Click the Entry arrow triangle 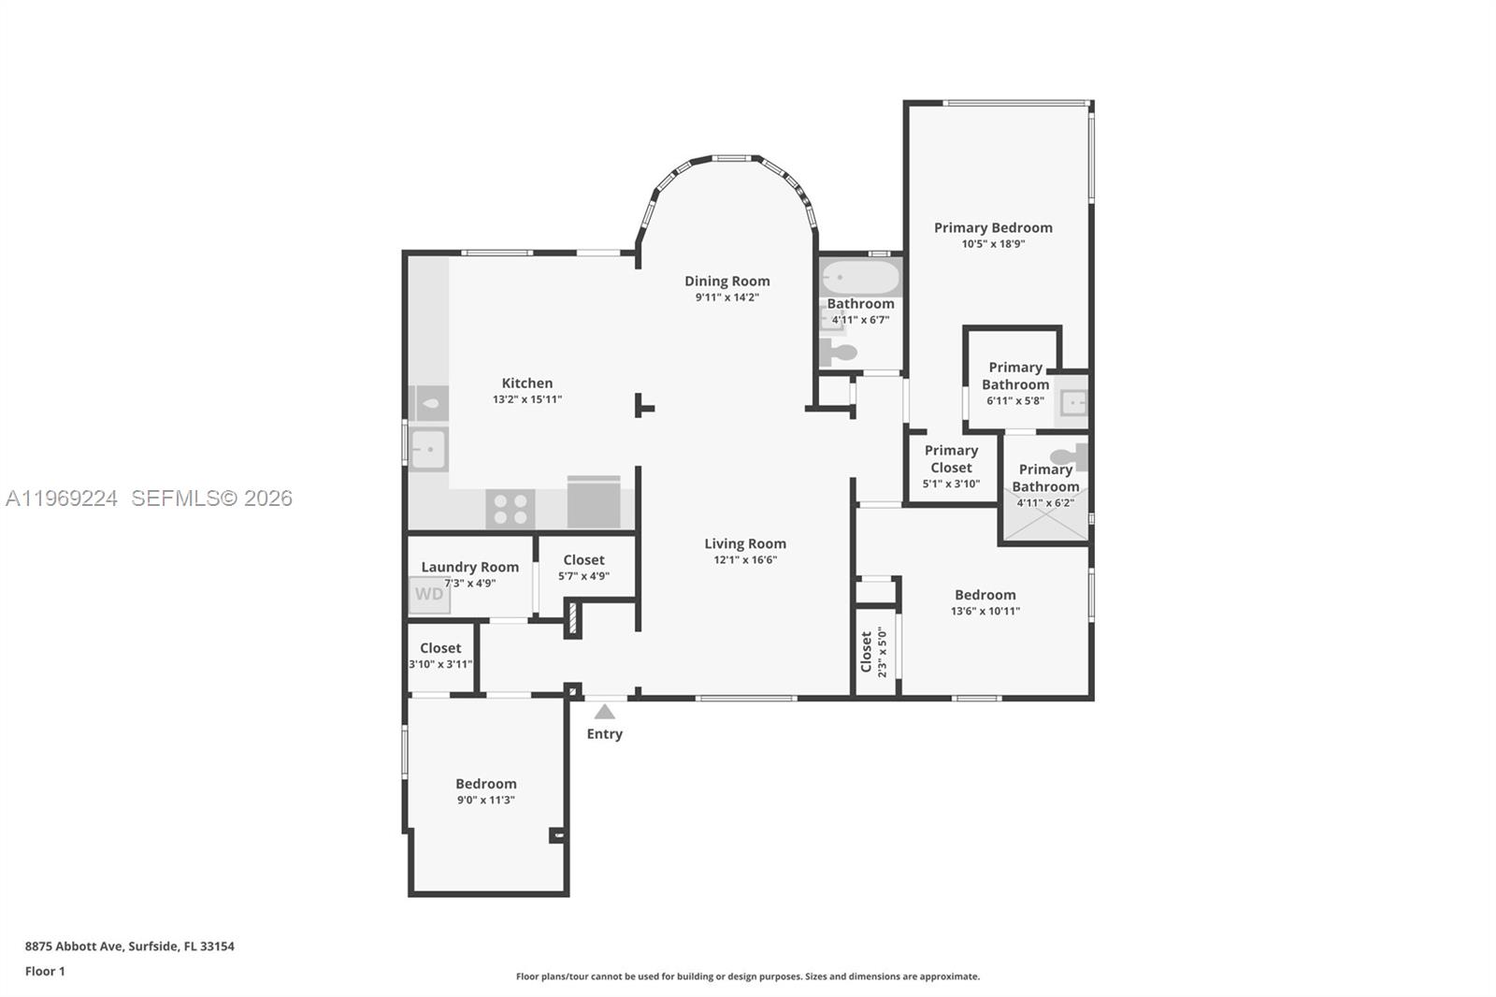[605, 712]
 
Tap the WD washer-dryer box [429, 595]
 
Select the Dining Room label [726, 281]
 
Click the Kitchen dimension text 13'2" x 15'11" [527, 399]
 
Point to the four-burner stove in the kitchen [511, 509]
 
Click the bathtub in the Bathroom [860, 278]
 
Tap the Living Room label [744, 543]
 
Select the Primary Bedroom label [993, 227]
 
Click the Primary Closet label [951, 458]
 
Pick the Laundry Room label [469, 567]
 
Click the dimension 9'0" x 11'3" [485, 800]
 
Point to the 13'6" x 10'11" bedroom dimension [985, 611]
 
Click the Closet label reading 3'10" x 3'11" [440, 648]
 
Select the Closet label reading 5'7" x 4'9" [583, 560]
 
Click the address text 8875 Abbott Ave [75, 946]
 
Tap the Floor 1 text [45, 971]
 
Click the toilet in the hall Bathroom [838, 353]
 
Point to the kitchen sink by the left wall [429, 449]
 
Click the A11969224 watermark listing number [62, 498]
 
